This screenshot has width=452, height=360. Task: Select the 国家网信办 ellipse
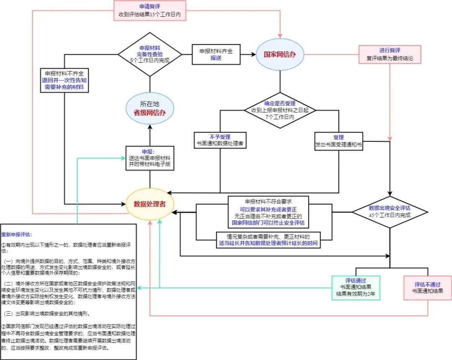pos(280,54)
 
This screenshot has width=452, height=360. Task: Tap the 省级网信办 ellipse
pos(149,107)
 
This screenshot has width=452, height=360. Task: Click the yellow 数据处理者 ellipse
pos(149,204)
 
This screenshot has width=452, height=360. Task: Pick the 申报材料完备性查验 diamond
pos(149,54)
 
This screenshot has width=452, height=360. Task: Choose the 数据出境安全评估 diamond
pos(389,211)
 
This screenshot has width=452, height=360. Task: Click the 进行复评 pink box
pos(390,54)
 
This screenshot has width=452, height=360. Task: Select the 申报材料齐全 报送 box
pos(216,54)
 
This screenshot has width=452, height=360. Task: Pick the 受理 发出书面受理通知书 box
pos(339,141)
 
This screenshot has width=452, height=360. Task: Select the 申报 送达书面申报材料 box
pos(149,158)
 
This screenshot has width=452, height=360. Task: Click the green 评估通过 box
pos(355,288)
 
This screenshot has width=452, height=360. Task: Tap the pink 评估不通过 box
pos(427,288)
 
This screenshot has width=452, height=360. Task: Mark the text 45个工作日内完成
pos(389,215)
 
